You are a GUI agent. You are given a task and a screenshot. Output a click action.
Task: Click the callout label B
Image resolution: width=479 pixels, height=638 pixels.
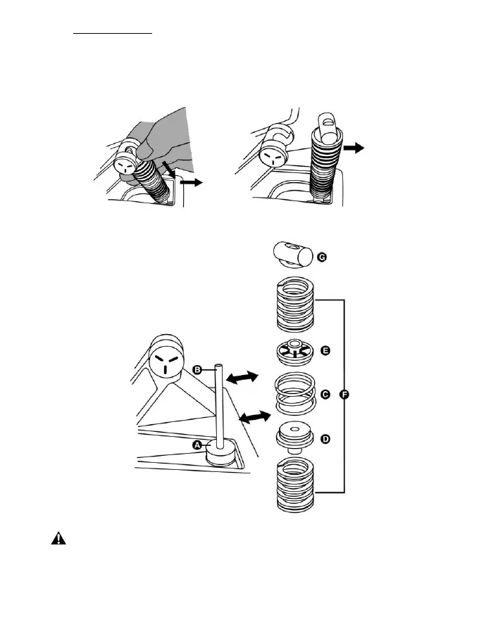click(198, 369)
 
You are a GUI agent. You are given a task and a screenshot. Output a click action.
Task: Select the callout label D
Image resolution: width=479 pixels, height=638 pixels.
click(325, 440)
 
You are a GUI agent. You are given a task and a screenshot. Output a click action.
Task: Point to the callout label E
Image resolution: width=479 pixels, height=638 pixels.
click(325, 350)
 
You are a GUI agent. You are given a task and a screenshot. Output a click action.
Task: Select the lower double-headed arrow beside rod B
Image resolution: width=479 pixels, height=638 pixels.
click(254, 418)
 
